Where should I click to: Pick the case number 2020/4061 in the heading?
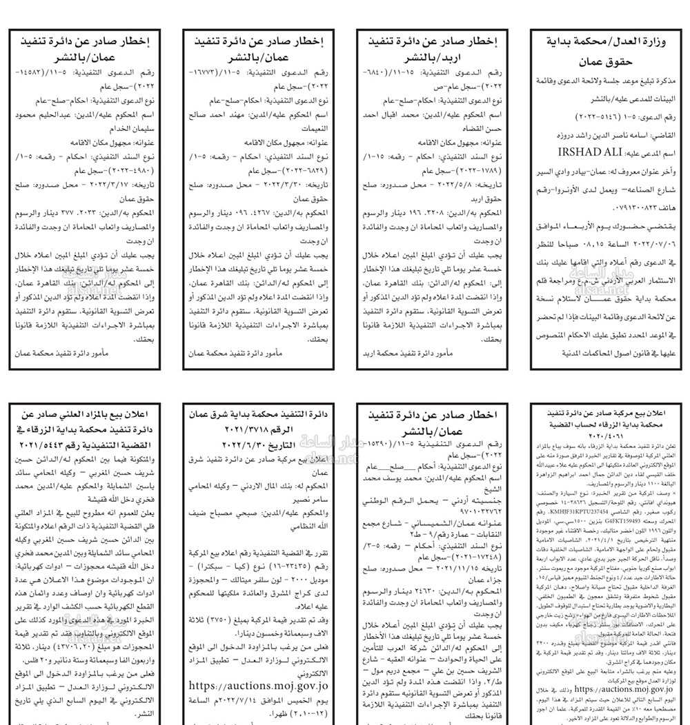pos(604,436)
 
